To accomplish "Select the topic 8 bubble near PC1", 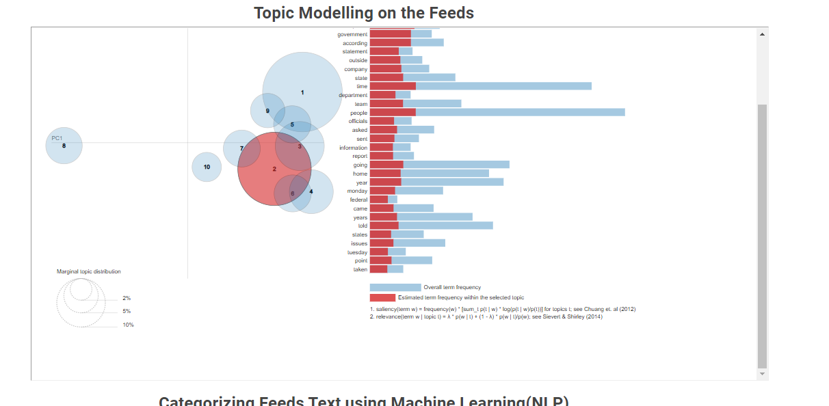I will (x=64, y=146).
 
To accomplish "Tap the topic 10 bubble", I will (x=207, y=167).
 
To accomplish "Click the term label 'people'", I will (x=358, y=113).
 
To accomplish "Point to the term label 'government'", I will (x=352, y=34).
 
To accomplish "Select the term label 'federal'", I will (x=358, y=200).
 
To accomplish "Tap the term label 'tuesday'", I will (x=357, y=252).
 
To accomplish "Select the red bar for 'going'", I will (x=386, y=165).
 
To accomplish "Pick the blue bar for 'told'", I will (x=445, y=226).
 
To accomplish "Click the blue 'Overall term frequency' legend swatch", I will (x=395, y=288).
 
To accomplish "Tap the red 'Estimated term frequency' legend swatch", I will (x=382, y=298).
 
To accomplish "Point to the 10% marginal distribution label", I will (x=128, y=325).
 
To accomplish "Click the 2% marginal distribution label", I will (x=127, y=299).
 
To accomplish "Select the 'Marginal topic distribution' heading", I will (x=88, y=271).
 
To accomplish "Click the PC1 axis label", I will (x=57, y=138).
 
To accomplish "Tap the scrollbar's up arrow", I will (x=762, y=33).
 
